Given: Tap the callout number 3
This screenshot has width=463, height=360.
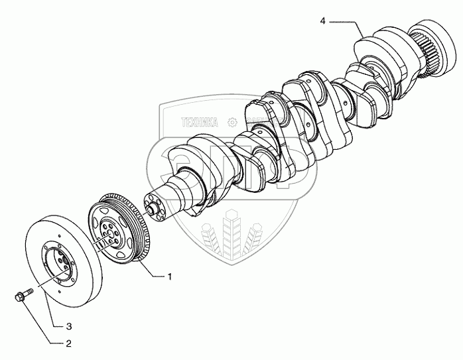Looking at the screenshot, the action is [x=68, y=326].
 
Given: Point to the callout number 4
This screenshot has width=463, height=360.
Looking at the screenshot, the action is [x=322, y=22].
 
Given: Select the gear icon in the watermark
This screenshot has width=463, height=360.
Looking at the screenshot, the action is [x=231, y=122].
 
